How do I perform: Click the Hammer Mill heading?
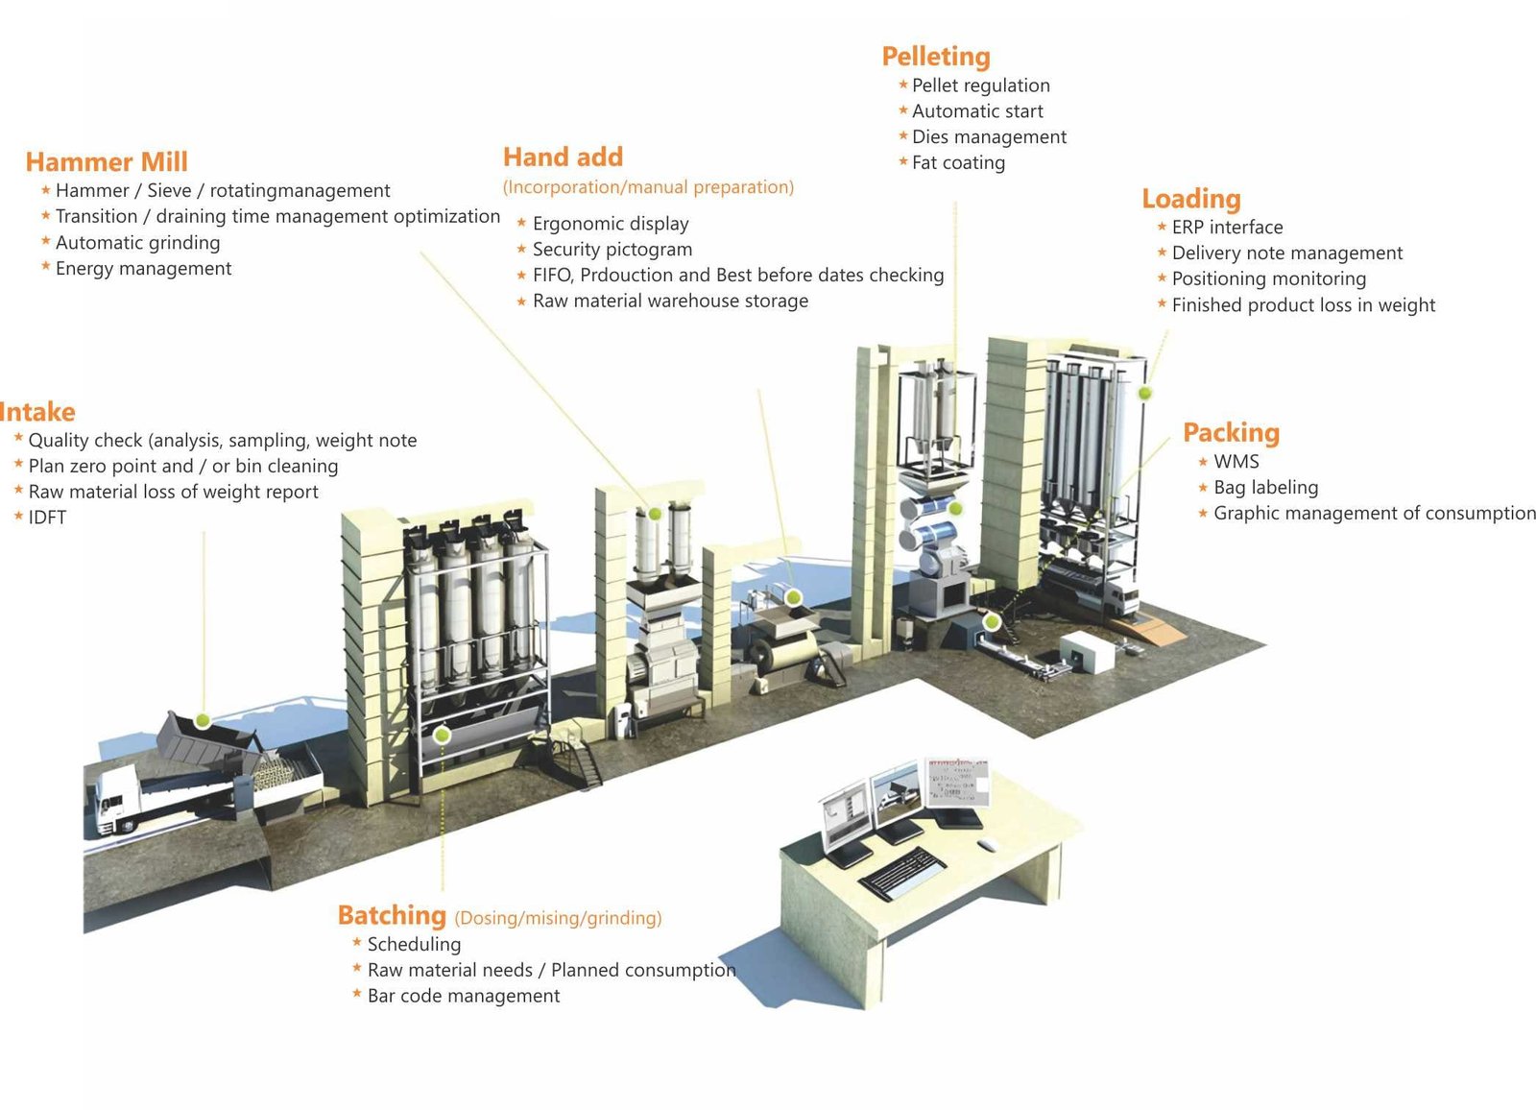[x=107, y=162]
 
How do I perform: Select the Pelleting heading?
[x=936, y=57]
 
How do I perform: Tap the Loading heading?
[x=1191, y=198]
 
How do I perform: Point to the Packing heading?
[x=1232, y=432]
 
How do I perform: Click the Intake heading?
[x=37, y=412]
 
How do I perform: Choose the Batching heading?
[x=392, y=915]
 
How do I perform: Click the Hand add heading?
[x=563, y=157]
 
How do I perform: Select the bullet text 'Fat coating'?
[x=958, y=162]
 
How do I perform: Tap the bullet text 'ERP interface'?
[x=1228, y=227]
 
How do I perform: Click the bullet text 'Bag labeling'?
[x=1266, y=488]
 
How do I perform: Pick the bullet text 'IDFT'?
[x=47, y=518]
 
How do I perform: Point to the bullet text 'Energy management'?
[x=143, y=268]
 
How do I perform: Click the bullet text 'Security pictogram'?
[x=612, y=249]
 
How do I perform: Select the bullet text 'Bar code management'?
[x=464, y=996]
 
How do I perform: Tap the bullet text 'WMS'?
[x=1236, y=462]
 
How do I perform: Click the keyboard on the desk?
[x=901, y=871]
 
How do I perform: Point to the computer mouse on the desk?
[x=987, y=845]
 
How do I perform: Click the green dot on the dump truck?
[x=203, y=720]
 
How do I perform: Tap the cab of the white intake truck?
[x=116, y=799]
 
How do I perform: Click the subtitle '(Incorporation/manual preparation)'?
[x=648, y=187]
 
